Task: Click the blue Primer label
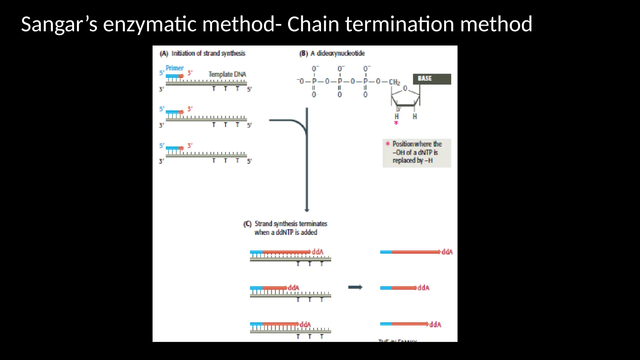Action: click(174, 68)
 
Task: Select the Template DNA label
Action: click(227, 74)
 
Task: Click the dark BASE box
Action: click(432, 79)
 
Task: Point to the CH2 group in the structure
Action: click(394, 82)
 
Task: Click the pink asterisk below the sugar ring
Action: click(396, 123)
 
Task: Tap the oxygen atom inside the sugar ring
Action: click(405, 88)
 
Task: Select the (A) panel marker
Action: click(164, 53)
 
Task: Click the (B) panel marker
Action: click(303, 53)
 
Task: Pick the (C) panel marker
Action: click(247, 224)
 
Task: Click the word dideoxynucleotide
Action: click(341, 53)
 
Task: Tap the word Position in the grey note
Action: click(403, 144)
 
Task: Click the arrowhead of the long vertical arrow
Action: click(307, 210)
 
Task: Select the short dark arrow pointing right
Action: click(355, 287)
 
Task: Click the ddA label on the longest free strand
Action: click(447, 252)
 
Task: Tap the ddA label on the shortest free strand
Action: click(423, 288)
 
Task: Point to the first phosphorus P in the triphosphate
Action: click(314, 81)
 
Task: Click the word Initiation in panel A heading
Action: click(183, 53)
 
